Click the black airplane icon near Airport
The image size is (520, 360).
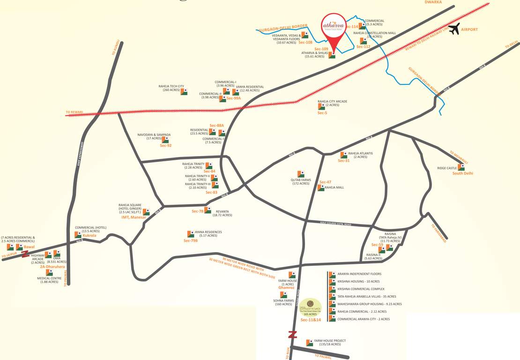[x=454, y=29]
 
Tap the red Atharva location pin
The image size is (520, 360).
[x=334, y=29]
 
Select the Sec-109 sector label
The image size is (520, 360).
[x=321, y=49]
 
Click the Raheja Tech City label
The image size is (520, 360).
[x=171, y=88]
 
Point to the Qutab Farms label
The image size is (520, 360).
[x=301, y=181]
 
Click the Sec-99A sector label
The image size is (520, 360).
[x=234, y=98]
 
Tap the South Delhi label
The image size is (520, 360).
[x=462, y=173]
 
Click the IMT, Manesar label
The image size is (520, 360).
[x=134, y=217]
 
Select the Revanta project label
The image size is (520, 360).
[x=223, y=213]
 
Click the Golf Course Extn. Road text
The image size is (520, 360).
[x=335, y=225]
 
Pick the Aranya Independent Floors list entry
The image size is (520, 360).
[x=359, y=274]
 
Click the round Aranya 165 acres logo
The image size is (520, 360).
[x=311, y=307]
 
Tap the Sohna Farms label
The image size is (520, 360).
[x=283, y=302]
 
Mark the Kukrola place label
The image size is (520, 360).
[x=89, y=235]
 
